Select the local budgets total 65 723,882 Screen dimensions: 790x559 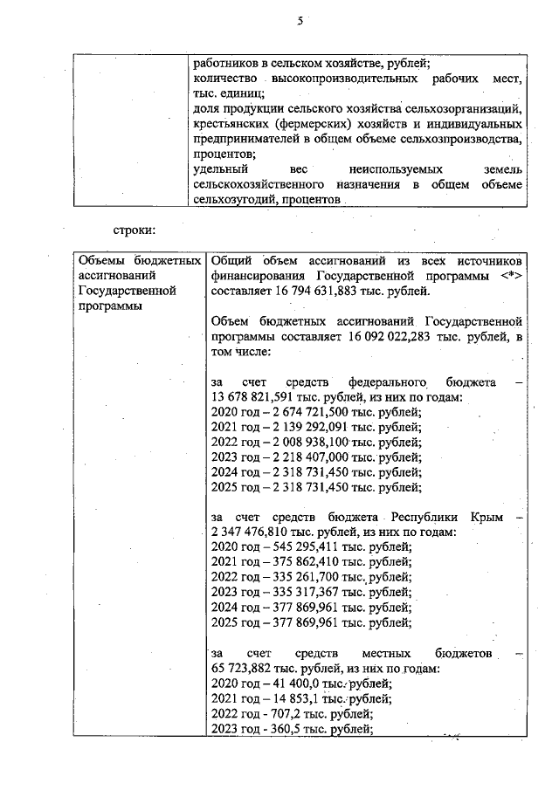(241, 668)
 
